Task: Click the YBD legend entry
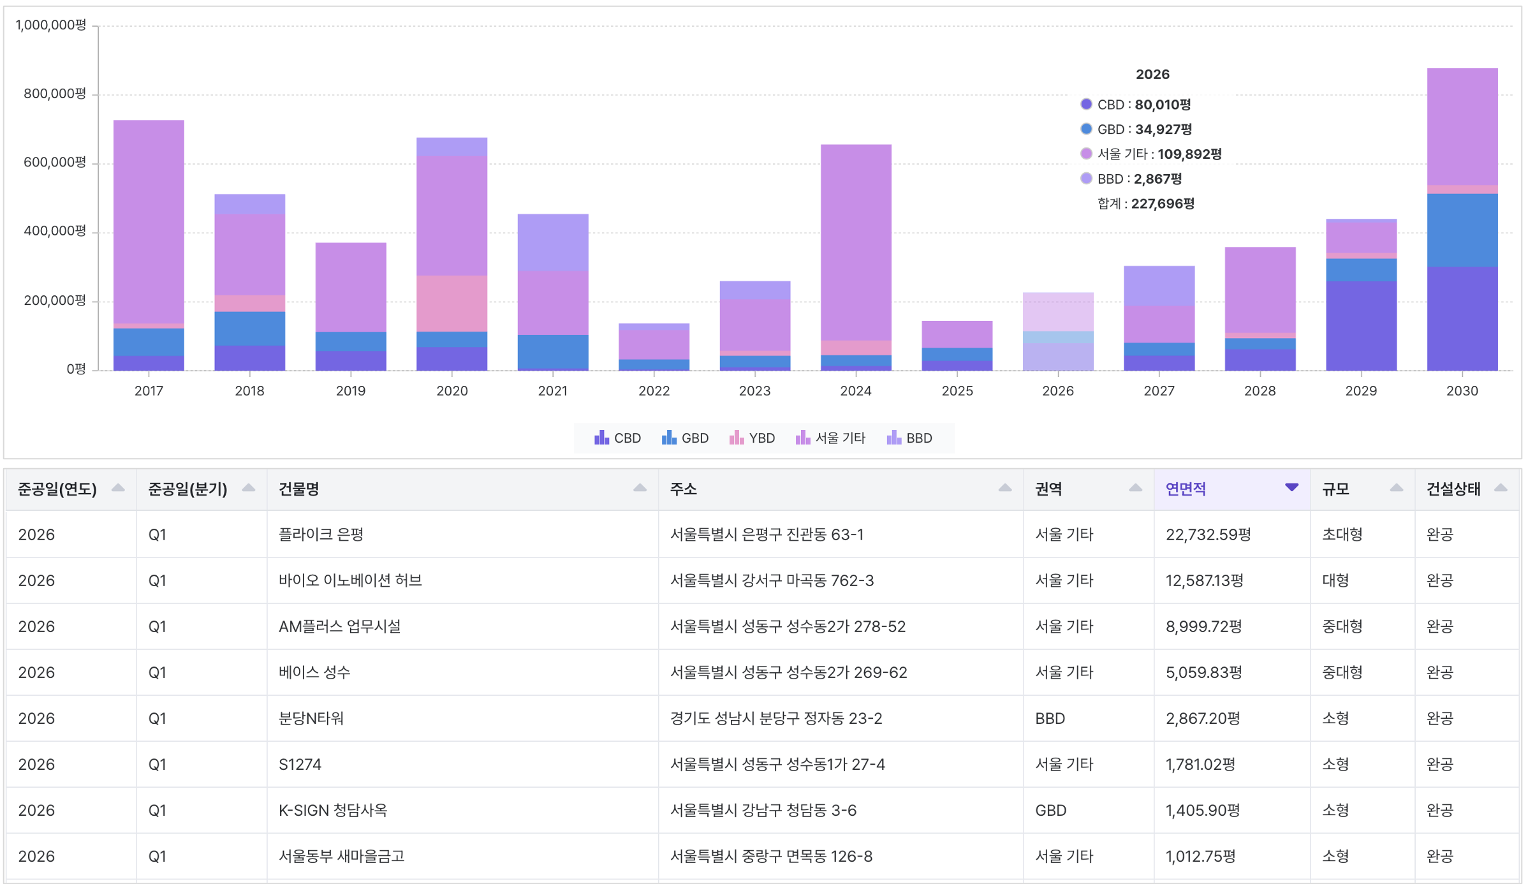(x=752, y=438)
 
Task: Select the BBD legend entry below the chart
(x=909, y=438)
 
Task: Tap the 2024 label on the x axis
(x=856, y=391)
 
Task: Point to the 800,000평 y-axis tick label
(x=55, y=94)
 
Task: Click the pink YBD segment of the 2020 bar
(x=452, y=304)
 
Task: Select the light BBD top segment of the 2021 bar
(x=553, y=242)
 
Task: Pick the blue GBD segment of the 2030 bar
(x=1462, y=230)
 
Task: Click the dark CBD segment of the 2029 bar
(x=1362, y=326)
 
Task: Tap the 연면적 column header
(x=1186, y=489)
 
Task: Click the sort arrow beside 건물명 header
(x=640, y=488)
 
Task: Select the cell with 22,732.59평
(x=1208, y=534)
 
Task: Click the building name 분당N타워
(x=311, y=718)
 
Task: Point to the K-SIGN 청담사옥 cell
(x=333, y=810)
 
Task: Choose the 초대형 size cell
(x=1342, y=534)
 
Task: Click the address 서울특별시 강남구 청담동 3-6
(x=763, y=810)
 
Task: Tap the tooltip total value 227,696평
(x=1163, y=204)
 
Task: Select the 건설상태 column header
(x=1453, y=489)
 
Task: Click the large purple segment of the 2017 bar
(x=149, y=222)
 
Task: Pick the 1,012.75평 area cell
(x=1201, y=856)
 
